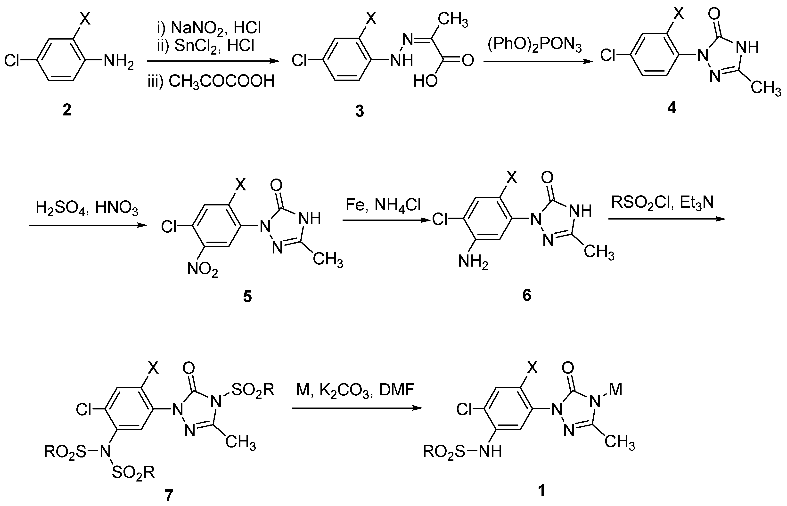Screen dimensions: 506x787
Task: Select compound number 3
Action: [360, 111]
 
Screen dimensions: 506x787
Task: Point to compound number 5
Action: [247, 296]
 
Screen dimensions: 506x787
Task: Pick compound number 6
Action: [526, 295]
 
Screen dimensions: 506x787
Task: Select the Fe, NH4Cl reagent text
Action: [383, 205]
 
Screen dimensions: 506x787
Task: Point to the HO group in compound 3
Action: [425, 81]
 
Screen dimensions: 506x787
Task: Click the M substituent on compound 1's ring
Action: [615, 390]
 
